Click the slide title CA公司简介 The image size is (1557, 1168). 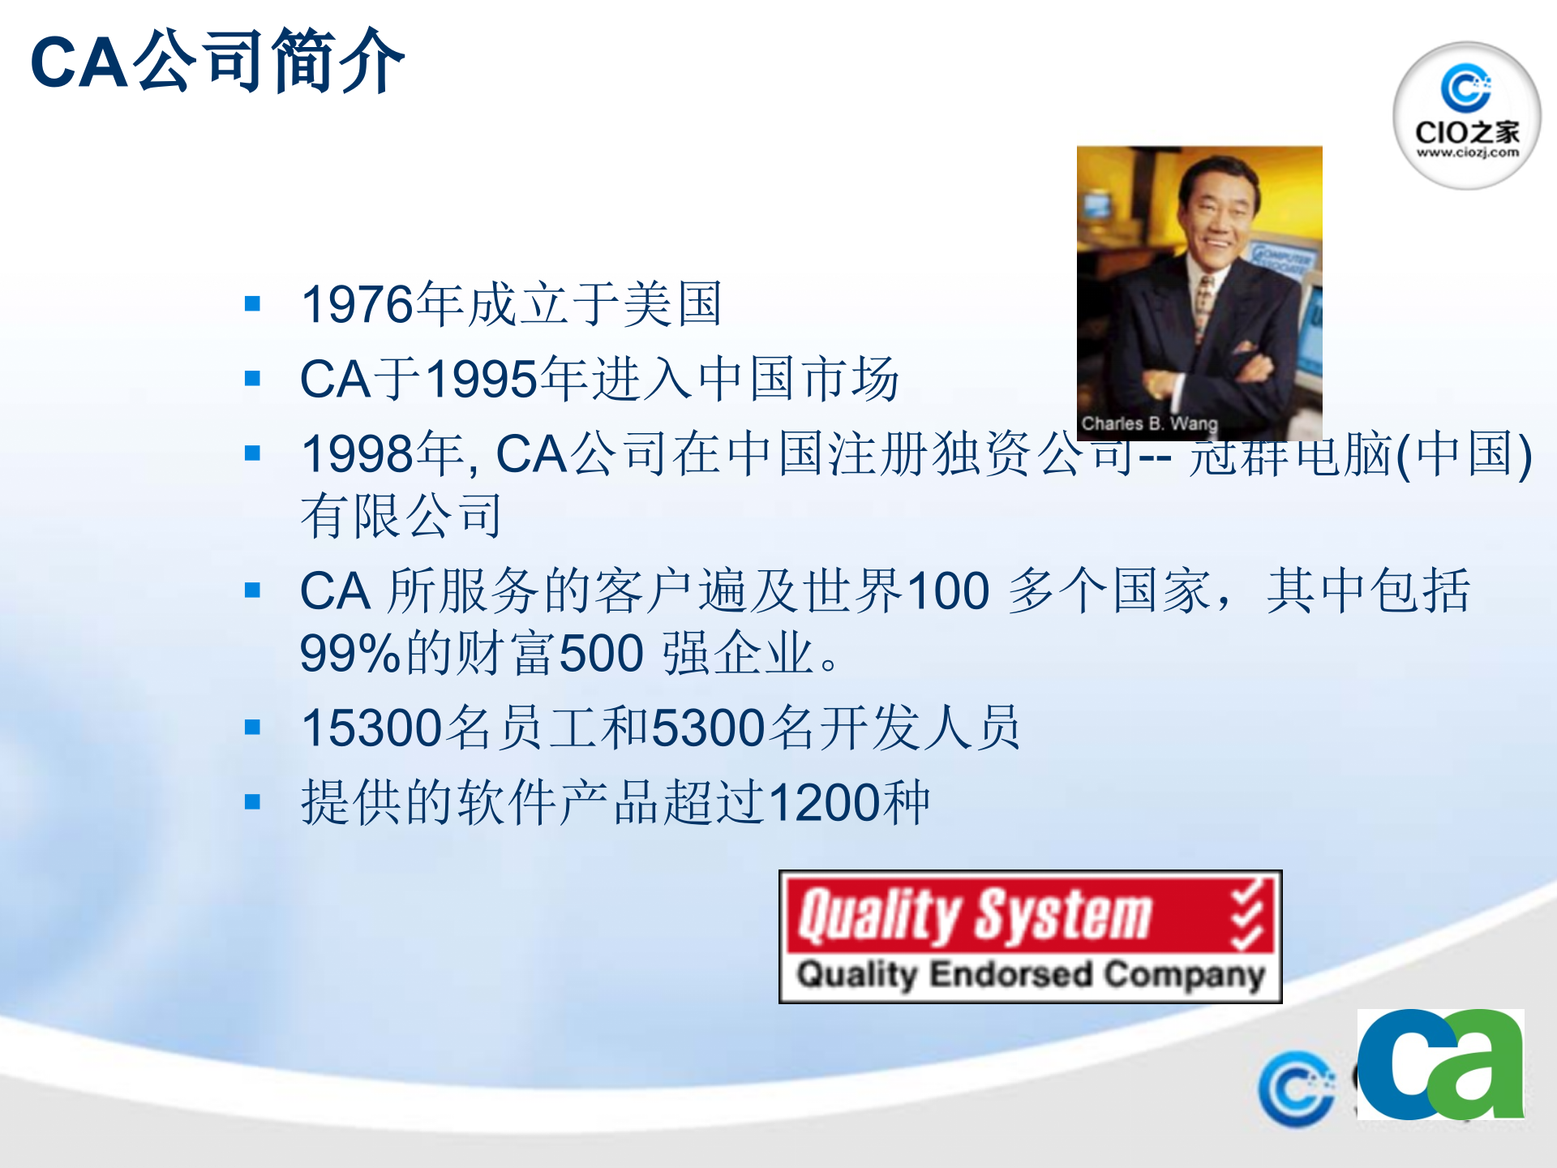point(217,62)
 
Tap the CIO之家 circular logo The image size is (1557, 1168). point(1466,116)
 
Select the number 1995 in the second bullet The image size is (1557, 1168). point(482,380)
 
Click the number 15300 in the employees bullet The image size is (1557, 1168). point(371,728)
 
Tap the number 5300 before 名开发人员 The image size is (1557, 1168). point(709,728)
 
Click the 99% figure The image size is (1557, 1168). point(350,654)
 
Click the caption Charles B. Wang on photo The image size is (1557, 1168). point(1149,423)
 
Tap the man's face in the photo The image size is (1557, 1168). point(1216,215)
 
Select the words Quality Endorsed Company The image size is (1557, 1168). point(1030,974)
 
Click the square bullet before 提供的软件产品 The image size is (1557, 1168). point(252,802)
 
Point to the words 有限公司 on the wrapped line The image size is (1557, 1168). point(401,517)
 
